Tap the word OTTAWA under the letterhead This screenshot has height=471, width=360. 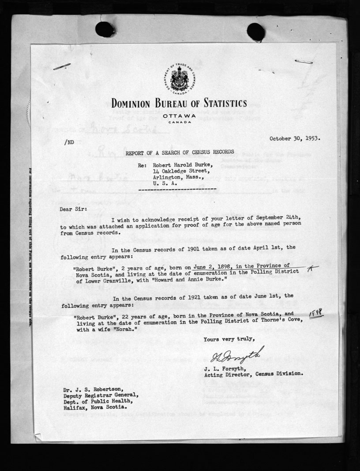coord(179,116)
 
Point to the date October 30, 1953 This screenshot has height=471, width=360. coord(295,138)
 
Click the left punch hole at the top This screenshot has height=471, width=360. coord(105,30)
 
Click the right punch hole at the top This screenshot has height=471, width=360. coord(256,32)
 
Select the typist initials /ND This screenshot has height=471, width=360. coord(69,142)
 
